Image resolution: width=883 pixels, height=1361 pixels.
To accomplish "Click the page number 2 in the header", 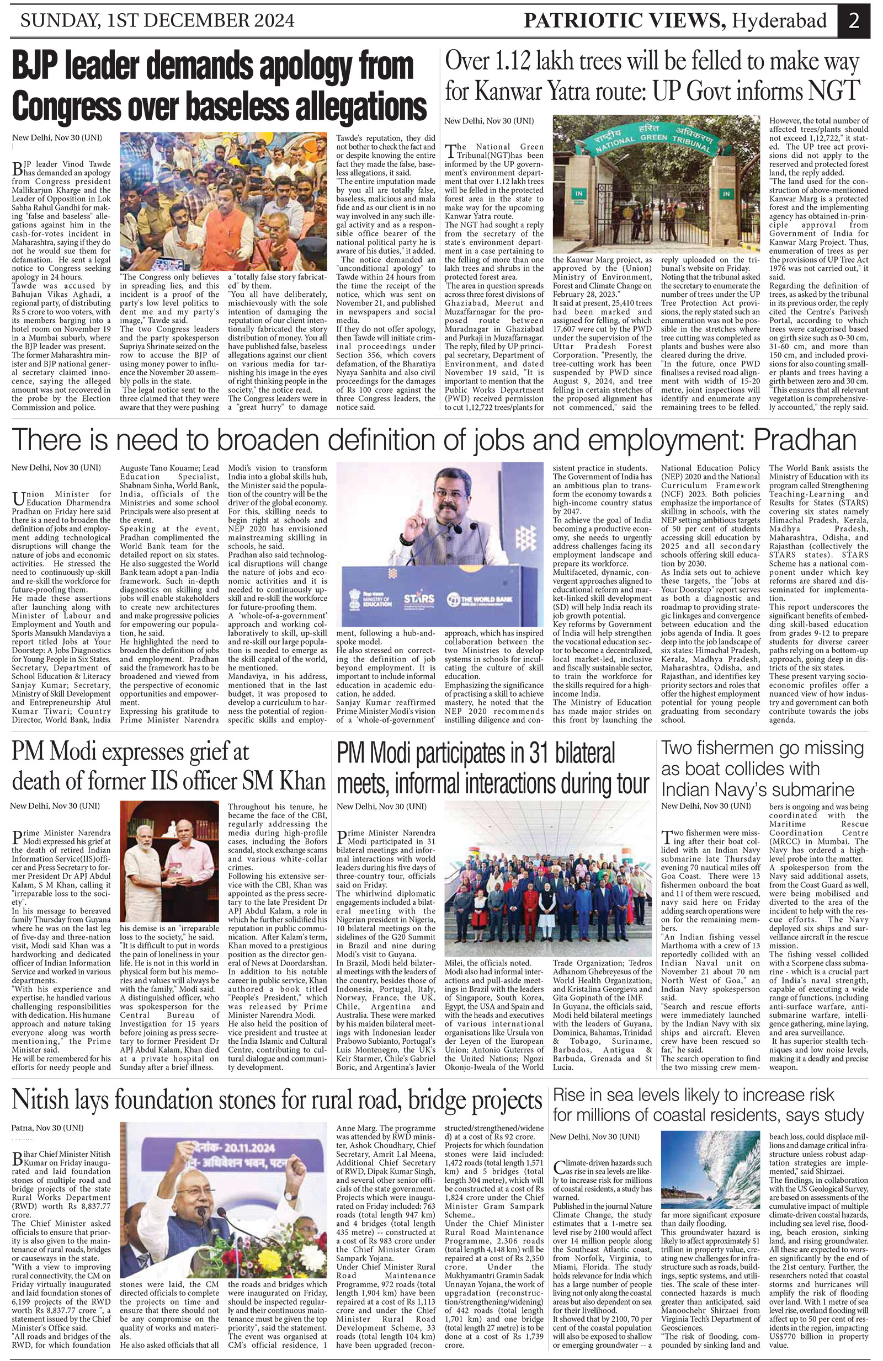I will coord(854,21).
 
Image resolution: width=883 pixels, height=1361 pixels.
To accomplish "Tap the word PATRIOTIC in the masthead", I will coord(577,21).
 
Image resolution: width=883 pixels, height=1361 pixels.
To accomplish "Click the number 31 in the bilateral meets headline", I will coord(532,754).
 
